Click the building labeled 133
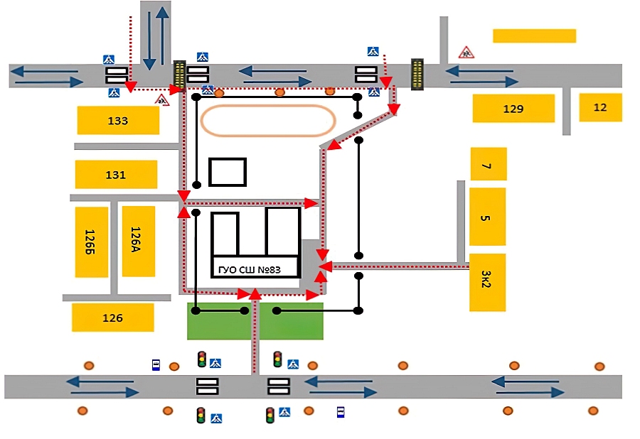pyautogui.click(x=118, y=120)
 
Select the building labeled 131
pyautogui.click(x=116, y=175)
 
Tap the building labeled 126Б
pyautogui.click(x=92, y=242)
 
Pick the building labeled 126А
pyautogui.click(x=139, y=242)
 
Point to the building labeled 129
pyautogui.click(x=513, y=109)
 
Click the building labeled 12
pyautogui.click(x=600, y=107)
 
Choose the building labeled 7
pyautogui.click(x=489, y=164)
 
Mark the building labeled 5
pyautogui.click(x=487, y=217)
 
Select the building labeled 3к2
pyautogui.click(x=487, y=283)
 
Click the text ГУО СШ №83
pyautogui.click(x=250, y=269)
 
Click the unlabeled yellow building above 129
pyautogui.click(x=534, y=36)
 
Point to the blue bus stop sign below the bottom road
pyautogui.click(x=341, y=412)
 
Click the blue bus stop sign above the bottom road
pyautogui.click(x=156, y=365)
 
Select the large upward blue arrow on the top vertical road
pyautogui.click(x=162, y=35)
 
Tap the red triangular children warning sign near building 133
pyautogui.click(x=162, y=100)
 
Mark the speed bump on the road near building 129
pyautogui.click(x=417, y=74)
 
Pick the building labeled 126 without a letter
pyautogui.click(x=112, y=318)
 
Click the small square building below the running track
pyautogui.click(x=228, y=172)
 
